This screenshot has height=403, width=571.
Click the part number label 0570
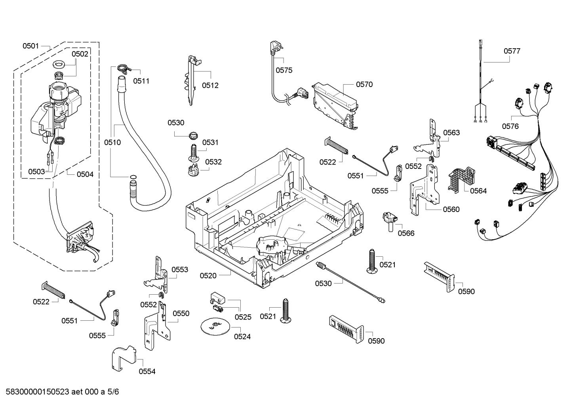pos(364,84)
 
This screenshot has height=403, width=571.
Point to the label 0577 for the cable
pos(512,51)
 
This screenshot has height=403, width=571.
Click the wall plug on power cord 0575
pos(274,48)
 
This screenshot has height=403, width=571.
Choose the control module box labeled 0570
pos(335,106)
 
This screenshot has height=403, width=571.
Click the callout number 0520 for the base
pos(208,275)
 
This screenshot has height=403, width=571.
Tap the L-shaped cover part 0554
pos(123,358)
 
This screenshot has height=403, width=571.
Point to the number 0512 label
pos(210,85)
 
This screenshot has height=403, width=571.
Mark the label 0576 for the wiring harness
pos(510,126)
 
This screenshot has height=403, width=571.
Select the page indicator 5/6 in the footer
pos(113,392)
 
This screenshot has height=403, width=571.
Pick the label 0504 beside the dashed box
pos(85,174)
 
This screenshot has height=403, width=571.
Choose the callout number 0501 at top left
pos(30,46)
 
